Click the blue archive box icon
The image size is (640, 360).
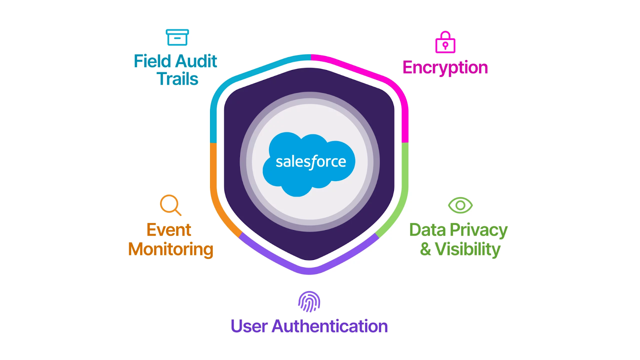click(177, 37)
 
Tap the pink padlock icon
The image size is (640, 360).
click(445, 42)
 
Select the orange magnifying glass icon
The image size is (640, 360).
click(170, 205)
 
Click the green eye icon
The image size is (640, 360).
click(460, 205)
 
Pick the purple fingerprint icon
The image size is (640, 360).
click(309, 301)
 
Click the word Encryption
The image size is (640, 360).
click(445, 68)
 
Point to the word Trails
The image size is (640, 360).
click(177, 79)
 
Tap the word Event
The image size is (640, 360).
click(169, 230)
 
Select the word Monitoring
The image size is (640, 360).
click(171, 249)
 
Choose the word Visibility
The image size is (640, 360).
click(468, 249)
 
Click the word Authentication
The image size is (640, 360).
click(330, 326)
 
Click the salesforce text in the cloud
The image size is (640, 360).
click(311, 162)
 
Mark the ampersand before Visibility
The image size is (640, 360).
click(425, 249)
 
